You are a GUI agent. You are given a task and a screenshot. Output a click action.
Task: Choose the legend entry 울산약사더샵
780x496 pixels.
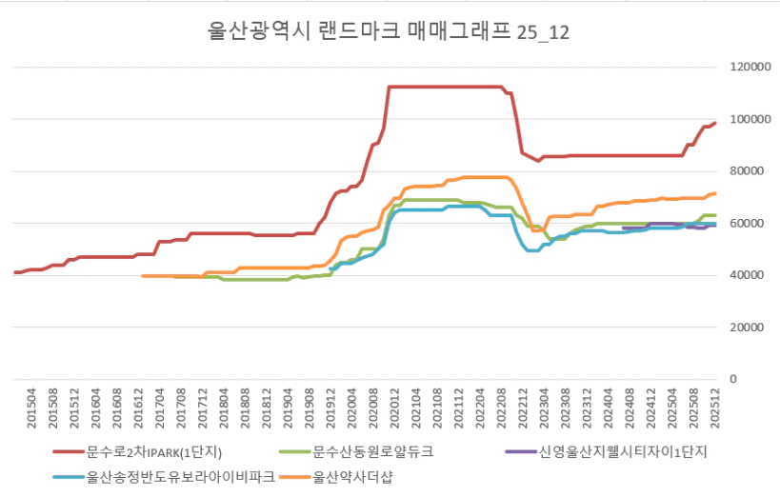pyautogui.click(x=351, y=476)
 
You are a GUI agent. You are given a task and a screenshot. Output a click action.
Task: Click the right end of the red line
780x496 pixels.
pyautogui.click(x=714, y=122)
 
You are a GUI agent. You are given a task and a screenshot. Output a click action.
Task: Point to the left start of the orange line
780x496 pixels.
pyautogui.click(x=141, y=276)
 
